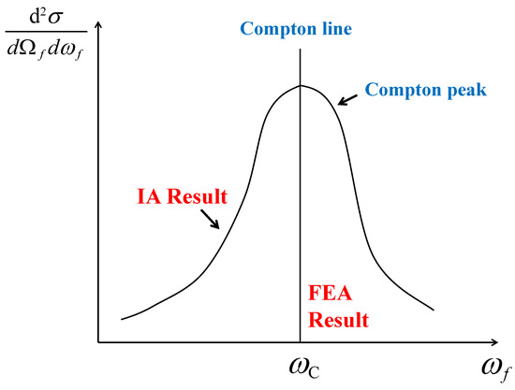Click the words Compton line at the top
tap(296, 29)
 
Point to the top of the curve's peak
tap(301, 86)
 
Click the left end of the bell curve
tap(123, 319)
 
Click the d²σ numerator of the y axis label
tap(40, 16)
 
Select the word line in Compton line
tap(334, 29)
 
